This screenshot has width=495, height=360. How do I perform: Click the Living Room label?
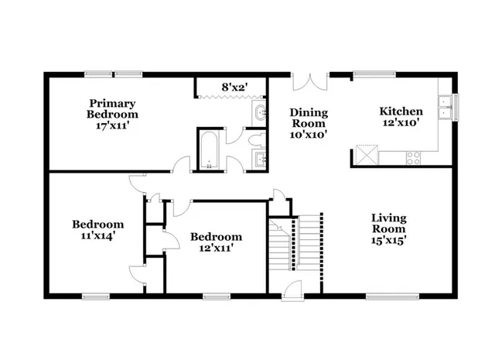point(388,223)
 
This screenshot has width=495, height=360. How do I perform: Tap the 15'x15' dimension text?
point(388,240)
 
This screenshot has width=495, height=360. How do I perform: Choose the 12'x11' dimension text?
point(216,248)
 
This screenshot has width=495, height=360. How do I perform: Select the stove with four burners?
point(413,157)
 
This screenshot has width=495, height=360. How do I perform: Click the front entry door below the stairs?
point(295,289)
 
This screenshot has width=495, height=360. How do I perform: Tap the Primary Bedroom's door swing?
point(183,164)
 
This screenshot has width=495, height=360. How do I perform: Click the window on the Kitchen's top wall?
point(376,74)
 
